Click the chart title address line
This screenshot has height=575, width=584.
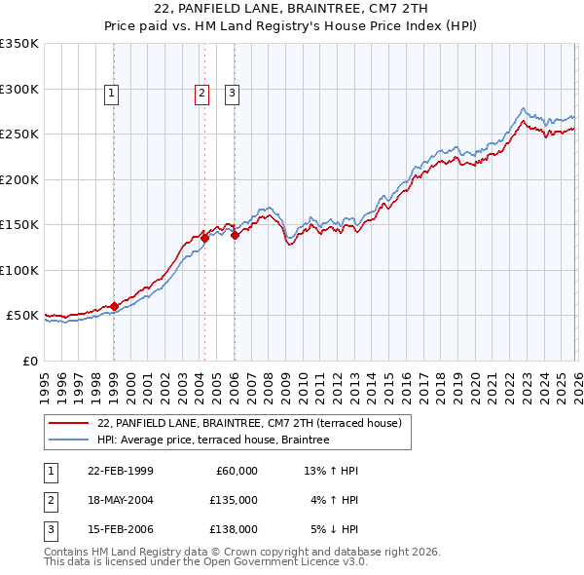click(291, 10)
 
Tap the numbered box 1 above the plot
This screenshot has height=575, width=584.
click(113, 94)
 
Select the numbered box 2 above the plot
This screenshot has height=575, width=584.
click(201, 94)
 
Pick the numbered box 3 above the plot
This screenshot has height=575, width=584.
click(234, 94)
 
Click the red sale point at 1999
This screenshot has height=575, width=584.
click(114, 306)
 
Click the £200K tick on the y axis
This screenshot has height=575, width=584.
click(19, 179)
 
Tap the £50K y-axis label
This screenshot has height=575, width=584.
click(23, 316)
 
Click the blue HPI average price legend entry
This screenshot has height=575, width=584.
click(213, 441)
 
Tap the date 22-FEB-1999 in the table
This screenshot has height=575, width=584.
click(120, 471)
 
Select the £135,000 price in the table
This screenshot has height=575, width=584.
click(233, 500)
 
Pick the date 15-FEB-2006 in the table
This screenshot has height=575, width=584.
click(120, 529)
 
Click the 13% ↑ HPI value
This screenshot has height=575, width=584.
click(332, 471)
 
